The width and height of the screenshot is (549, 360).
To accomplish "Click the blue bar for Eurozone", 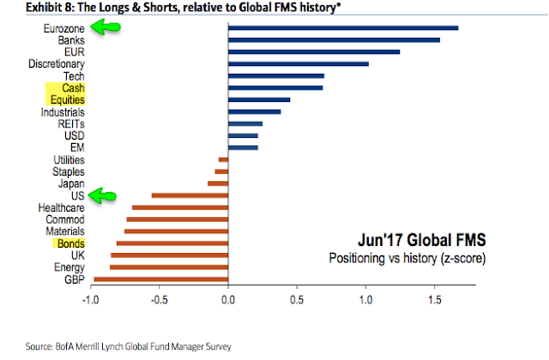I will click(x=343, y=28).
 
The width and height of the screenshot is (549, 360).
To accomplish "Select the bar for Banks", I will click(x=334, y=40).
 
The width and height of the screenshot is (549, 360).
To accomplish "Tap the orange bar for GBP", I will click(x=160, y=279).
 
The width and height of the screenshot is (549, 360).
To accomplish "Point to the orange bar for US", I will click(x=190, y=195).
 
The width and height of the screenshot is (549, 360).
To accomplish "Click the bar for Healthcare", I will click(x=180, y=207).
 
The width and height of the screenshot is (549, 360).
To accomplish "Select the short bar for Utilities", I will click(x=224, y=159).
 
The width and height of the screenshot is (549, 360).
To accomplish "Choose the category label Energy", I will click(x=67, y=267).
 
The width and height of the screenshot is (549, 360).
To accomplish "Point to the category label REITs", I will click(x=70, y=124).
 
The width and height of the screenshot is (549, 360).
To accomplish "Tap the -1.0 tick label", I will click(x=90, y=300).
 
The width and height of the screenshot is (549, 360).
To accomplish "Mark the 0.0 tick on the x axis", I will click(x=228, y=300).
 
